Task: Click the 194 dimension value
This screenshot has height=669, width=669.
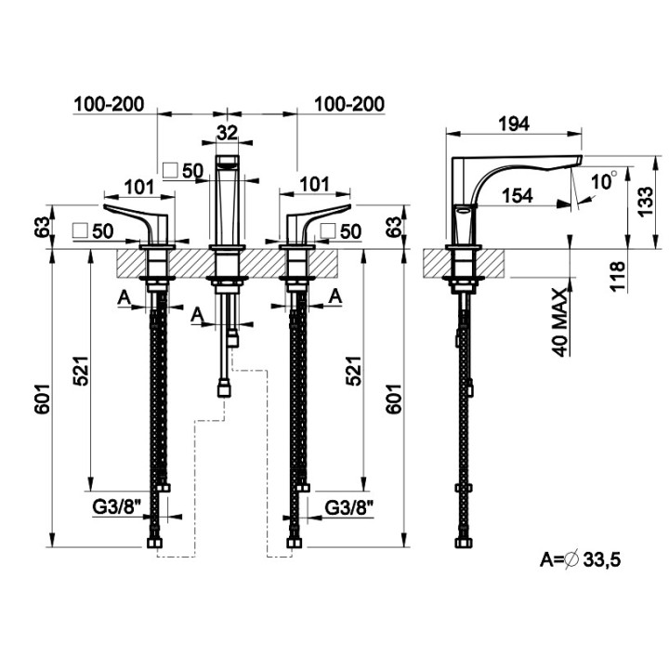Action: coord(514,124)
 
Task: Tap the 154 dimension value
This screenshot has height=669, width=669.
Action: coord(518,196)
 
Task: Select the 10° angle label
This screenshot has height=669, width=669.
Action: coord(604,181)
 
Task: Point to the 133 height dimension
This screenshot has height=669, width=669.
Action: coord(645,202)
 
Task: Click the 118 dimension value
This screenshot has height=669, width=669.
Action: coord(617,277)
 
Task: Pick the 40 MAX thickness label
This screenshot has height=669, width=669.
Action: coord(560,322)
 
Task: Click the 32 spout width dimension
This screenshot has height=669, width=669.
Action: coord(227,133)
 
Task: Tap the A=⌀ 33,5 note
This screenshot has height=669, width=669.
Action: coord(580,559)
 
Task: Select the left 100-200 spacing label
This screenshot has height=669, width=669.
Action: coord(110,104)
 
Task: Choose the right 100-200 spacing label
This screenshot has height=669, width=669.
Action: coord(349,104)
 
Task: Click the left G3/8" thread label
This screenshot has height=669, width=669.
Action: coord(117,507)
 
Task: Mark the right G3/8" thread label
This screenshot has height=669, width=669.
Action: coord(349,507)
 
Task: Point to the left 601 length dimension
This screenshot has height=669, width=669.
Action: coord(43,399)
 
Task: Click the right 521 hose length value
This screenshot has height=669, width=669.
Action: coord(354,371)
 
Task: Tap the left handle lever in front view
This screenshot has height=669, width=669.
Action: coord(136,222)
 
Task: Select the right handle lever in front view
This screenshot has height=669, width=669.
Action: coord(319,223)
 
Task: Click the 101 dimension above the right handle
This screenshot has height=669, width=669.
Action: coord(314,185)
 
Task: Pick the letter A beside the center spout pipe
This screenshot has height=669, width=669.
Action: coord(197,314)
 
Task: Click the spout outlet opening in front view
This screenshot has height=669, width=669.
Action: coord(228,161)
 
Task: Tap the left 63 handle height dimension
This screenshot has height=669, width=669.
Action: coord(43,227)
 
